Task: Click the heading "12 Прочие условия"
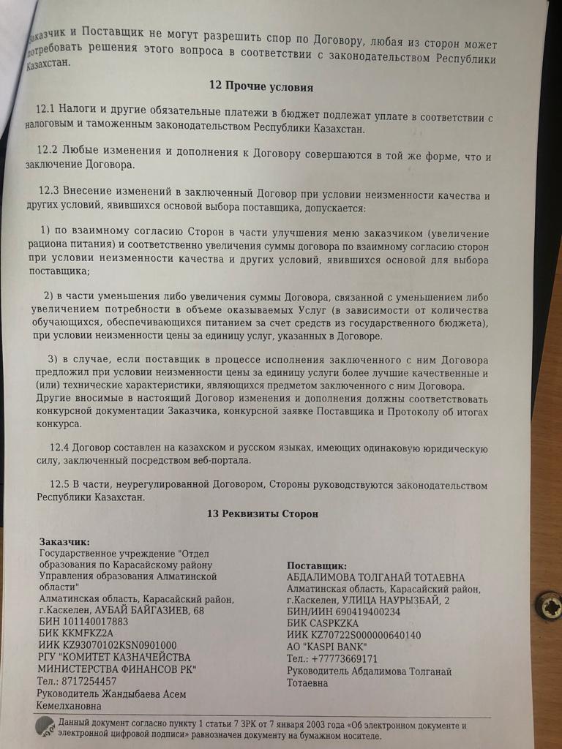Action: [x=261, y=87]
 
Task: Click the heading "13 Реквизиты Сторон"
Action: [x=263, y=514]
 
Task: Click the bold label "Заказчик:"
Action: [x=65, y=542]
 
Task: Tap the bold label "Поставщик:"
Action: [x=316, y=566]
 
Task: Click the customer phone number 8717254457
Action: [x=88, y=680]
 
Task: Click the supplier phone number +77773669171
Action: [x=352, y=659]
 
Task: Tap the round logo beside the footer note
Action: [x=45, y=726]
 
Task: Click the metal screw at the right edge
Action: [x=548, y=605]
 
